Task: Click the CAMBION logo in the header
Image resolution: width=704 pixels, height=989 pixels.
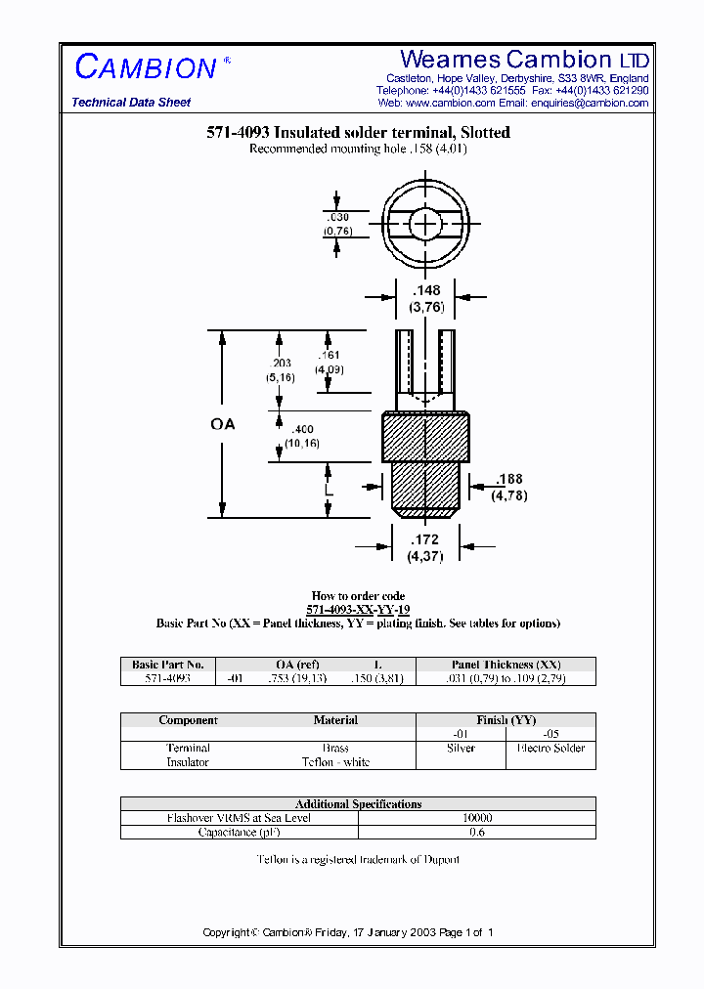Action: [x=147, y=67]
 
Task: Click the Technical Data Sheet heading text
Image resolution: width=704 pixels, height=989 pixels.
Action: [x=131, y=103]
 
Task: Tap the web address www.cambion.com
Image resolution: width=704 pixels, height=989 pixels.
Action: [x=450, y=103]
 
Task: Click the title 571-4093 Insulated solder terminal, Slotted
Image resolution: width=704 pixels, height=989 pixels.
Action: [x=358, y=133]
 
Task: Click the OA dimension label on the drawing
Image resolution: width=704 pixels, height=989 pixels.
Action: [x=223, y=424]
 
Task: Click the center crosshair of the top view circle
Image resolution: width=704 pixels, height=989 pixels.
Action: [x=425, y=225]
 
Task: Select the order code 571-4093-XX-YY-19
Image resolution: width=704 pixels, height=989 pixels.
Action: [x=358, y=609]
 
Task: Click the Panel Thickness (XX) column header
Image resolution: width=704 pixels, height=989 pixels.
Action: [x=506, y=665]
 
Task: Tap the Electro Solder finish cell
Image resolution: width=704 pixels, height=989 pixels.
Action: [x=550, y=749]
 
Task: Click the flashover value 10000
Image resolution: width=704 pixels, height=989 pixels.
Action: [x=477, y=818]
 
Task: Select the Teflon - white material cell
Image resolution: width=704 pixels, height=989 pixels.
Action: [x=335, y=762]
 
